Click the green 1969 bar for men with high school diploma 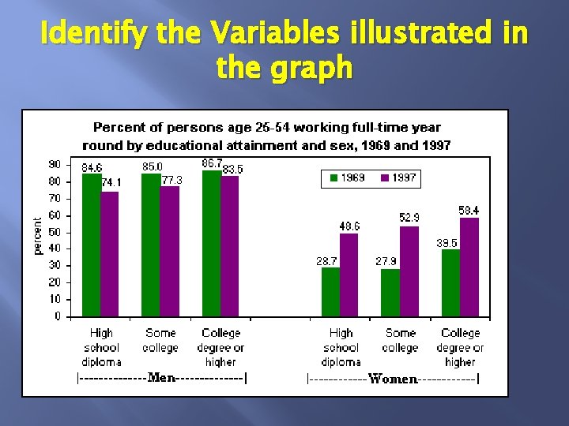tap(92, 245)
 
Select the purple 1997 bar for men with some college tap(170, 252)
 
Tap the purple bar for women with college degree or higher tap(469, 267)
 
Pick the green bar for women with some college tap(390, 293)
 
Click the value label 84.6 tap(92, 168)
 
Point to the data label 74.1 tap(111, 183)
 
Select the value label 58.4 tap(469, 211)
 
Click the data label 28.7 tap(329, 260)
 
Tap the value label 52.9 tap(409, 217)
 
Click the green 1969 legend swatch tap(333, 178)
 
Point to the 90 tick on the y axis tap(55, 164)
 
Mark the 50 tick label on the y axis tap(55, 232)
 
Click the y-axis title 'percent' tap(37, 236)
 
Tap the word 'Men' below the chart tap(162, 378)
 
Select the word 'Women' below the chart tap(393, 379)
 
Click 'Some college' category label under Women tap(400, 340)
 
